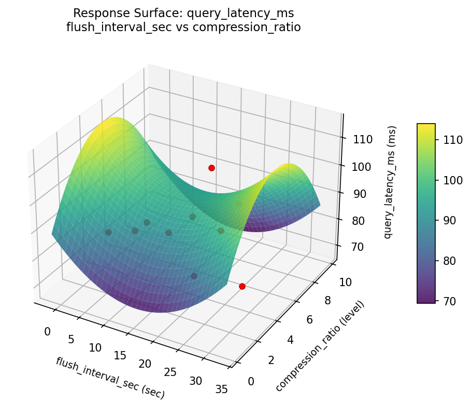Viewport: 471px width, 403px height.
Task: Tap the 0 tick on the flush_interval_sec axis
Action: [x=48, y=331]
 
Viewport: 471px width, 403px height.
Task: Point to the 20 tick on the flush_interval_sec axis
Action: [x=145, y=364]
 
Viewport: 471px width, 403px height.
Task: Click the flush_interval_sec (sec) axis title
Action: [x=110, y=378]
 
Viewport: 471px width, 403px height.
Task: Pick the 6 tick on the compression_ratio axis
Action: [x=309, y=319]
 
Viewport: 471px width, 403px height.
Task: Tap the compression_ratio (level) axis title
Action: [x=320, y=346]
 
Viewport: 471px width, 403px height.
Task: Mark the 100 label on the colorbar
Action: [x=449, y=181]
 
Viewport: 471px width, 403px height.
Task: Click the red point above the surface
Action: [x=211, y=168]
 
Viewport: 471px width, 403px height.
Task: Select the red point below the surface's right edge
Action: [x=242, y=286]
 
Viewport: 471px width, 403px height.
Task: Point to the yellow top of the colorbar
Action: [x=426, y=127]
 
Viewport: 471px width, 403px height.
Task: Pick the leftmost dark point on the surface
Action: [x=108, y=233]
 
